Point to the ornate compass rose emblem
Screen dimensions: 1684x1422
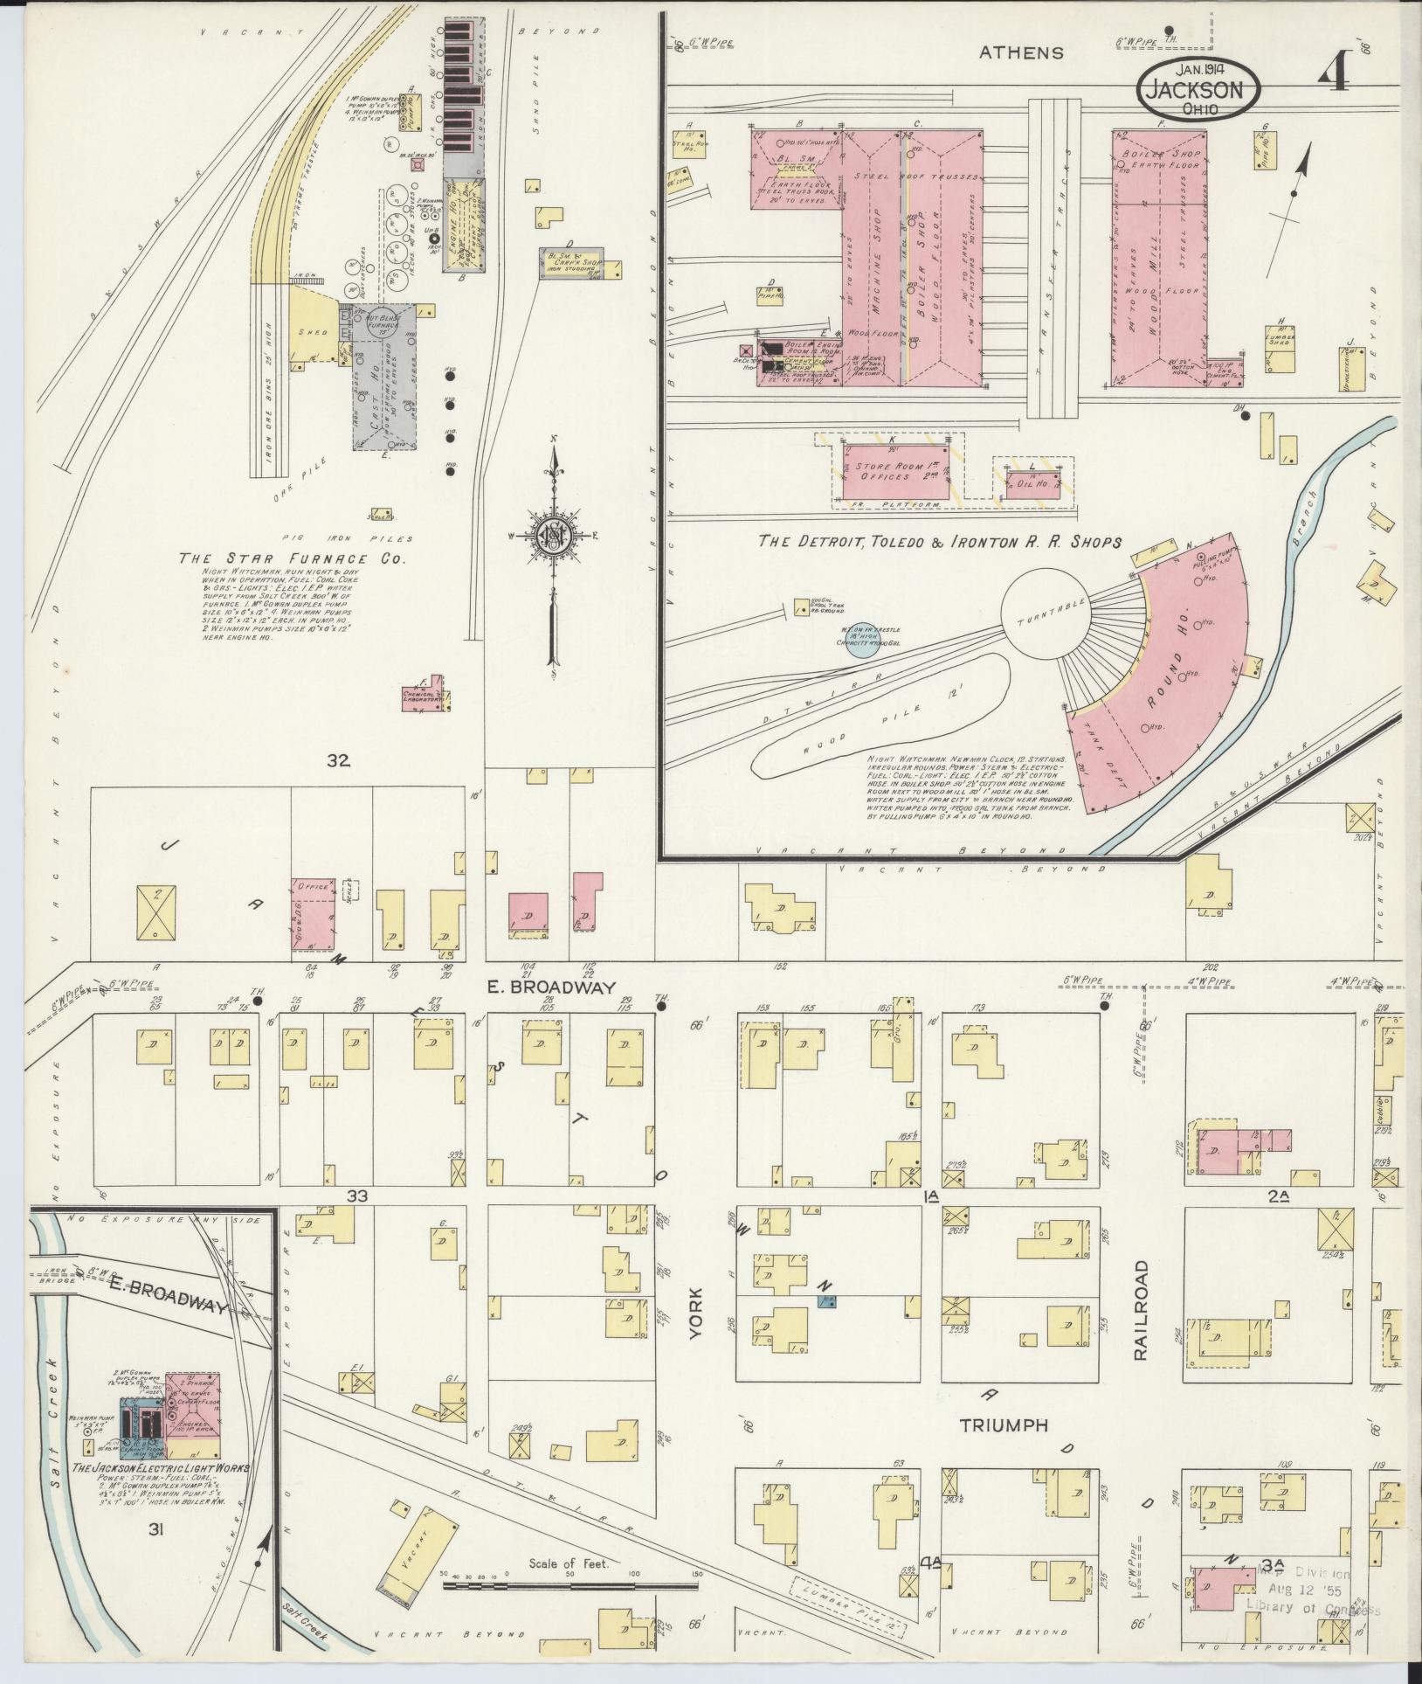coord(553,536)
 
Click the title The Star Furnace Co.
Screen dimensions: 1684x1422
coord(293,558)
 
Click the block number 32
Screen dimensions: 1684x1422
coord(338,760)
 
